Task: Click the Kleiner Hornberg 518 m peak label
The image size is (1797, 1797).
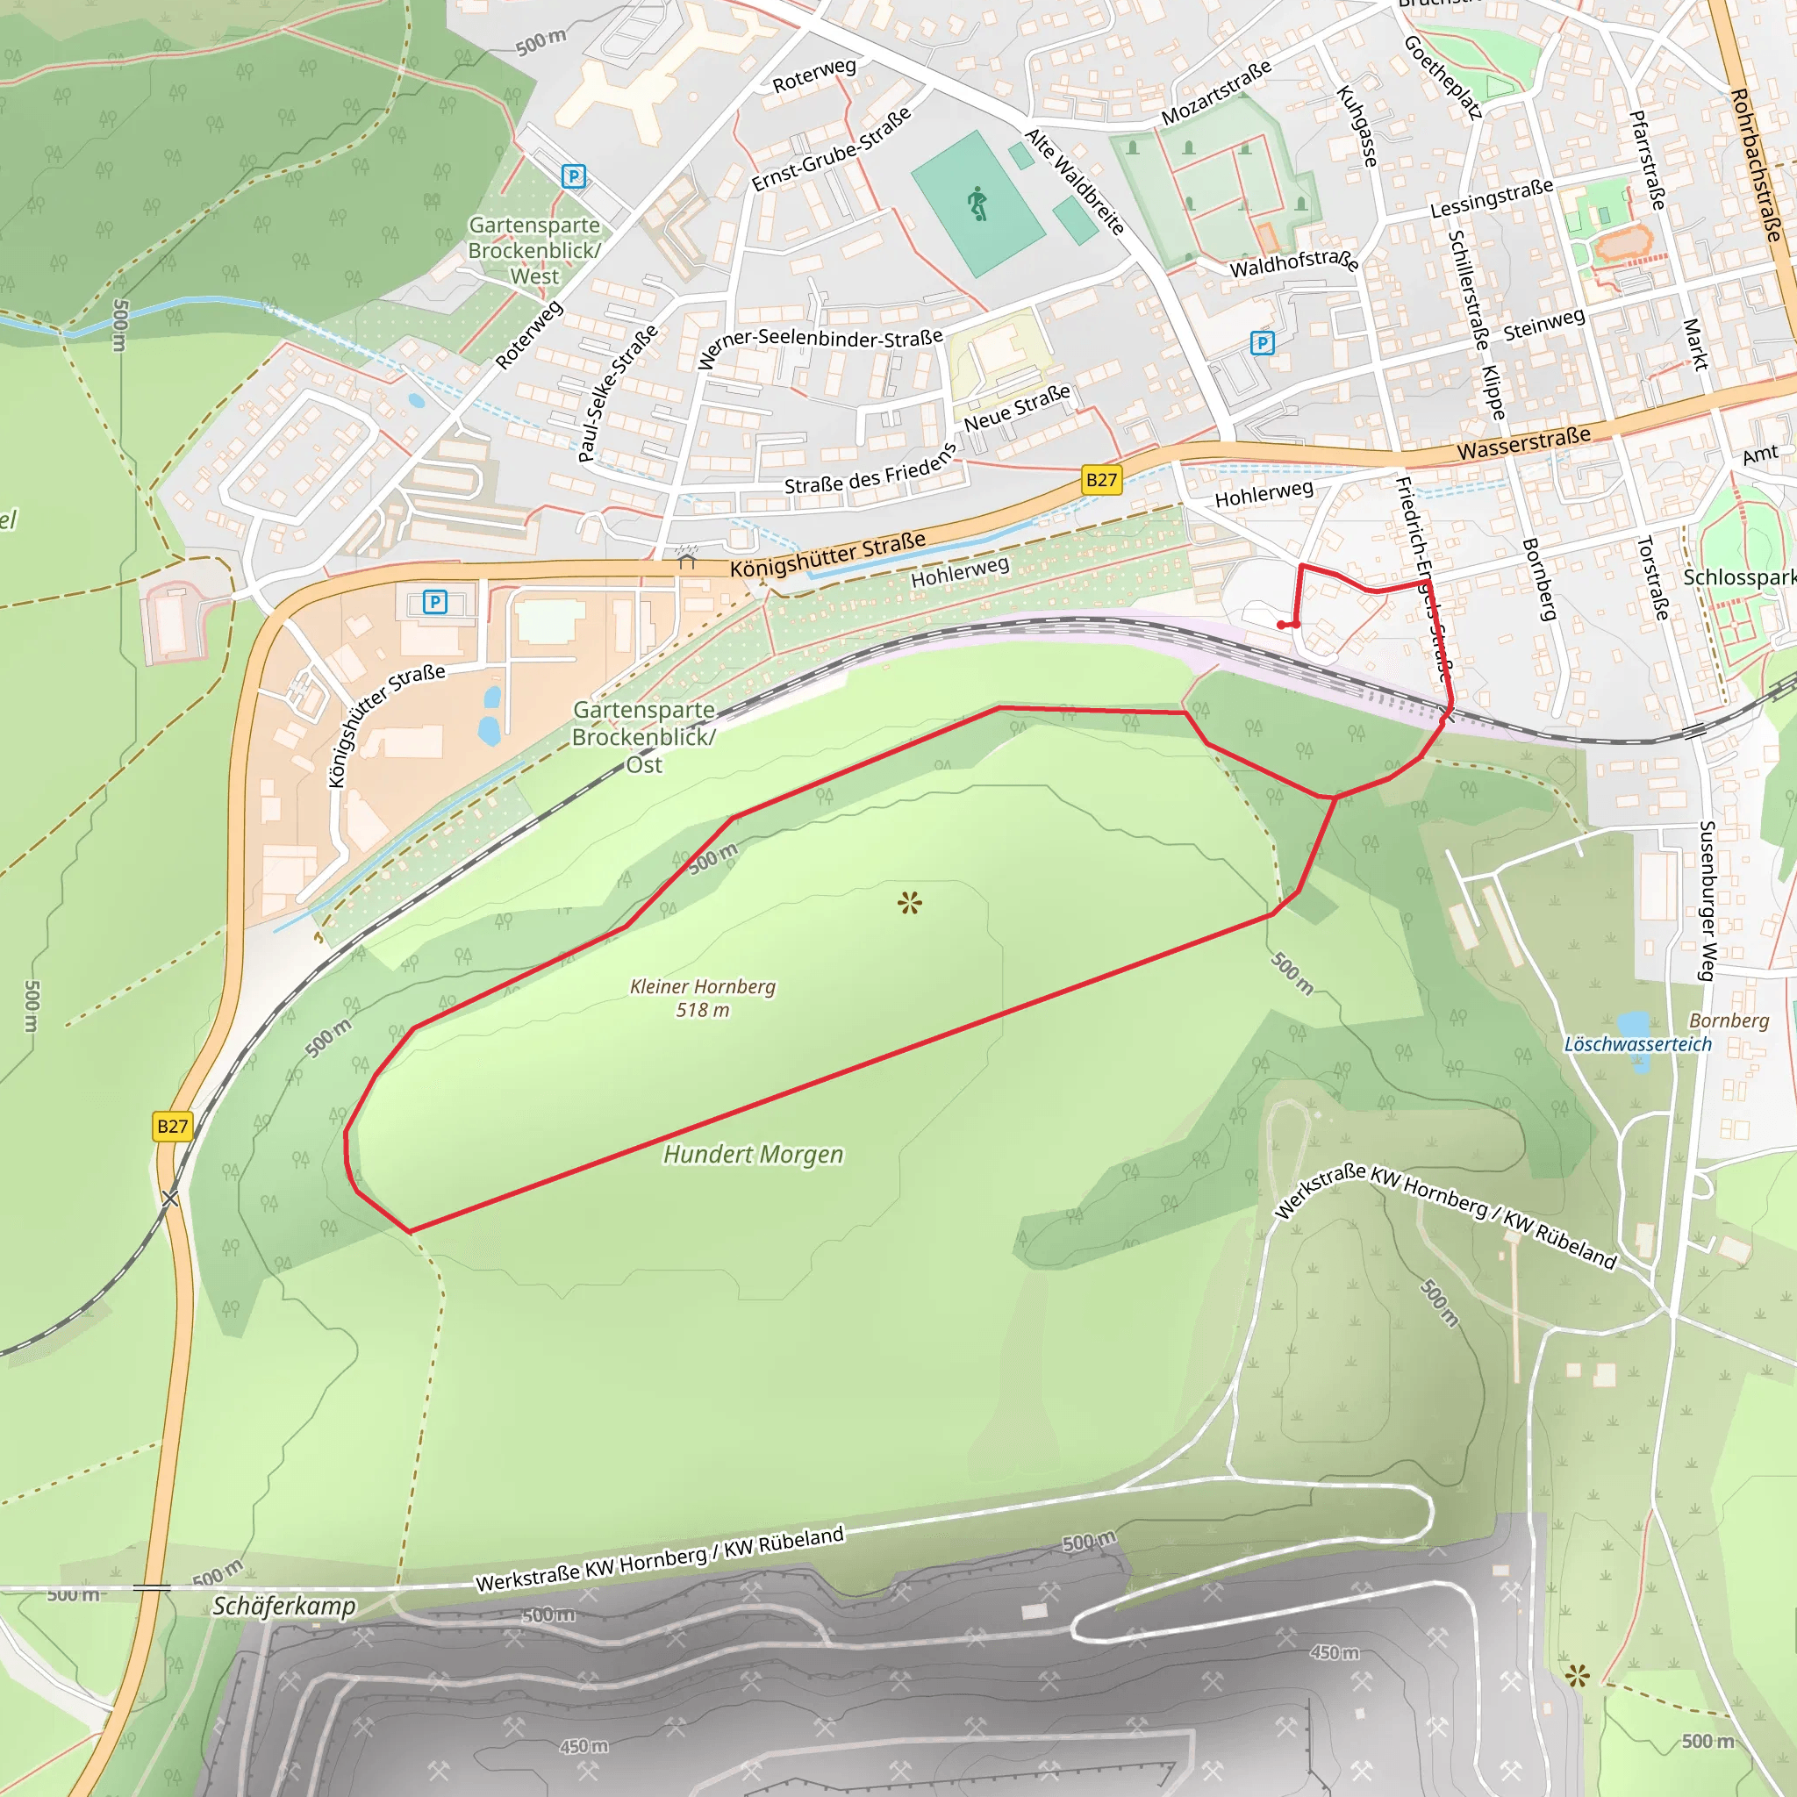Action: point(702,997)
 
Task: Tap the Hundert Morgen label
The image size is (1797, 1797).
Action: point(753,1155)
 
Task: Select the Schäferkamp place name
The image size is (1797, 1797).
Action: point(283,1606)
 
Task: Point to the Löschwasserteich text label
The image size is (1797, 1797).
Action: point(1637,1043)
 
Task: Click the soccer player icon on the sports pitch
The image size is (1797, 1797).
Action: point(977,203)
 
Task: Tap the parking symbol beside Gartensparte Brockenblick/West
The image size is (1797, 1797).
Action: point(574,175)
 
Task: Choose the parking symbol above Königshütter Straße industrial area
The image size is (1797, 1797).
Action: point(434,602)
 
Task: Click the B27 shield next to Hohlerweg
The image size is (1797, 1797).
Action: point(1101,480)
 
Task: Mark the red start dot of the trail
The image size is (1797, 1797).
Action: point(1282,625)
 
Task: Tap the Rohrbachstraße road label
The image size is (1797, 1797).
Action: point(1756,165)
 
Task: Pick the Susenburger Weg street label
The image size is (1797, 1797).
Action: point(1707,899)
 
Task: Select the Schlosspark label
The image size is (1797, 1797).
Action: point(1737,577)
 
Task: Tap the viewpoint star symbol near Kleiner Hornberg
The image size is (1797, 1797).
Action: point(910,902)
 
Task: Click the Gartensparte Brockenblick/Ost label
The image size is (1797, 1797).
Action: point(644,737)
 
